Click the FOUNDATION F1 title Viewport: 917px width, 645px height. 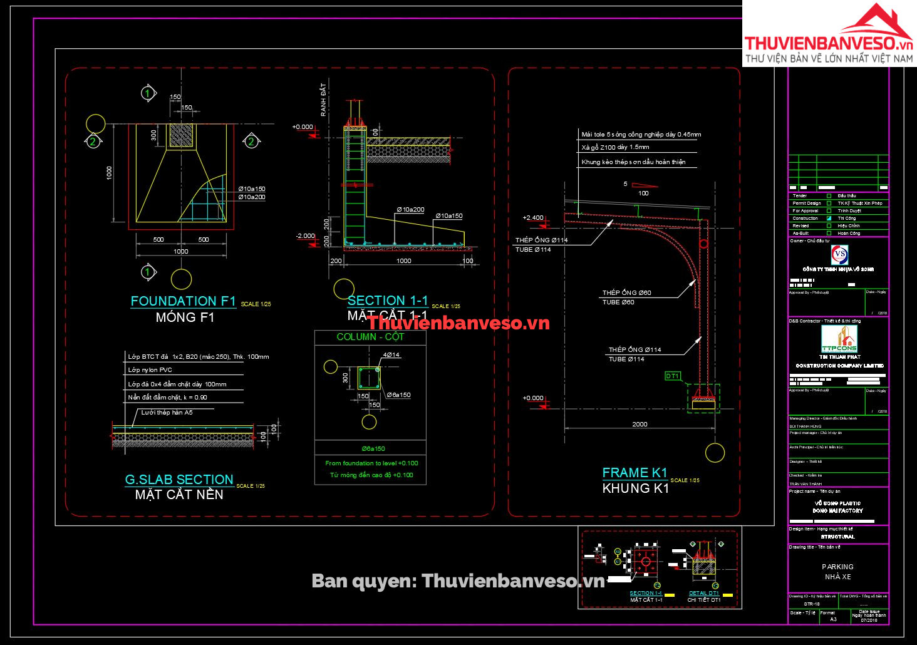183,301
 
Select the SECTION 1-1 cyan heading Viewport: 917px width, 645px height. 388,301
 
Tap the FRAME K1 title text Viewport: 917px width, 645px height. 635,473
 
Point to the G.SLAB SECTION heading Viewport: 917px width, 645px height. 179,480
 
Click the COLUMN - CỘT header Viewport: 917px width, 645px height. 370,337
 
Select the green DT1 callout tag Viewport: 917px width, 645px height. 672,376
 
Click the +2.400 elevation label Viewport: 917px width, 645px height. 533,218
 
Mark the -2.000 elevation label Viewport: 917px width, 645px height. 306,236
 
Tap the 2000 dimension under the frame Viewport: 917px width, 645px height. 640,424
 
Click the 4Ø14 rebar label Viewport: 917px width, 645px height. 391,355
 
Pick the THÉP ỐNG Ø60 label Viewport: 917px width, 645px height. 627,292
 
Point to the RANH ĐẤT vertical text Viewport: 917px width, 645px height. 323,99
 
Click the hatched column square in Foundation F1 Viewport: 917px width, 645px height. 182,135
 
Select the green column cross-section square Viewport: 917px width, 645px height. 369,378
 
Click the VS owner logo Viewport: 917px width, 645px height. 839,255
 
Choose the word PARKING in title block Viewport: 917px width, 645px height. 837,567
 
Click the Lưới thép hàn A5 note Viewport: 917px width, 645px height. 167,412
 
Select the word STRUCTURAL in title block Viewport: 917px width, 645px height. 837,537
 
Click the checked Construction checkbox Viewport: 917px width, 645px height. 829,219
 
